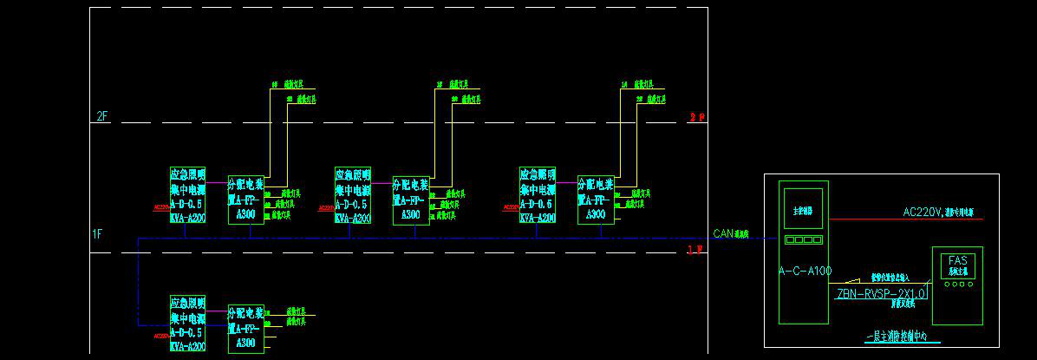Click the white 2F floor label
pyautogui.click(x=101, y=116)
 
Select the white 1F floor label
pyautogui.click(x=97, y=233)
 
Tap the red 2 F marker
pyautogui.click(x=696, y=117)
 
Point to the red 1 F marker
pyautogui.click(x=695, y=250)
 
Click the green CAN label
pyautogui.click(x=723, y=233)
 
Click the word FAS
pyautogui.click(x=957, y=260)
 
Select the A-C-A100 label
pyautogui.click(x=805, y=272)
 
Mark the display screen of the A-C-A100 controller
pyautogui.click(x=804, y=211)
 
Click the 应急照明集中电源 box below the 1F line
pyautogui.click(x=187, y=323)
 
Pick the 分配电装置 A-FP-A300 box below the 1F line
pyautogui.click(x=245, y=327)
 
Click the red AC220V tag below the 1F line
pyautogui.click(x=160, y=336)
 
